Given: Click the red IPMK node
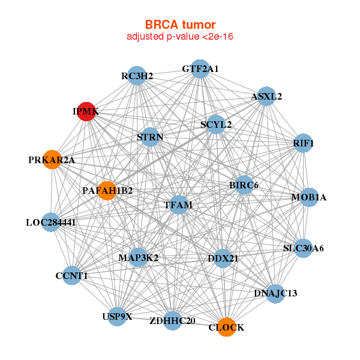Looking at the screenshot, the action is (x=86, y=112).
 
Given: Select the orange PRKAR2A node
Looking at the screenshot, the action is (x=52, y=160).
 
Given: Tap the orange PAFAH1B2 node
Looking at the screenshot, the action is (x=107, y=190).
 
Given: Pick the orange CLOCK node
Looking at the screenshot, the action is (x=226, y=327).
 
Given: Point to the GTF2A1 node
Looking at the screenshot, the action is (x=200, y=69).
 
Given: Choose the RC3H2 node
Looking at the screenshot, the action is (x=137, y=76).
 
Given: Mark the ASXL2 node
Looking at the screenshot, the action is (x=266, y=96).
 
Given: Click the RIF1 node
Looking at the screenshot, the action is (x=304, y=143).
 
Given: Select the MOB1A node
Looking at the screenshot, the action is (x=308, y=197).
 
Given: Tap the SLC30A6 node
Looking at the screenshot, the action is (x=304, y=248).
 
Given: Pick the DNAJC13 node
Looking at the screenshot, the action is (x=275, y=293).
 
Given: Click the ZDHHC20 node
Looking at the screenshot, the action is (x=172, y=320).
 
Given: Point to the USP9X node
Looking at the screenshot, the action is (x=117, y=316).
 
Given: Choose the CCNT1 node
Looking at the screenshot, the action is (x=71, y=275).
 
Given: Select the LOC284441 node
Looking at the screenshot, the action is (x=50, y=223).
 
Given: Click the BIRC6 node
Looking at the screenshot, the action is (x=243, y=185).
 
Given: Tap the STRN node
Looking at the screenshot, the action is (x=150, y=137).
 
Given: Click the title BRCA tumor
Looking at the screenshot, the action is (x=180, y=25).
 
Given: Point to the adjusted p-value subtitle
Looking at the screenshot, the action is (x=180, y=37).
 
